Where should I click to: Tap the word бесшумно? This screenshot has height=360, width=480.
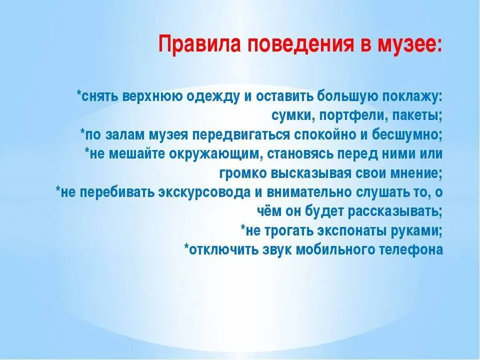point(407,135)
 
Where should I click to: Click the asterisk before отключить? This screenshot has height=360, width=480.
point(187,248)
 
